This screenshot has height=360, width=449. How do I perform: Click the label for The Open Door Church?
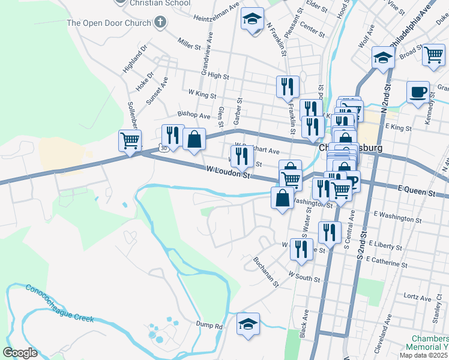[109, 23]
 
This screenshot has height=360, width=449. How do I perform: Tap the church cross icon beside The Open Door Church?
[159, 23]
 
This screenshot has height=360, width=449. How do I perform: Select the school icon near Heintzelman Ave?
[252, 20]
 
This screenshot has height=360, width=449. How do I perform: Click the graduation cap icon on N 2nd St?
[383, 58]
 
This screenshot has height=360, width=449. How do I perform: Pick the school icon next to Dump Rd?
[248, 324]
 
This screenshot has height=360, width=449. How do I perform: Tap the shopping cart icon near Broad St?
[433, 55]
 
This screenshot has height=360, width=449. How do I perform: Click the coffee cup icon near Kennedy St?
[418, 92]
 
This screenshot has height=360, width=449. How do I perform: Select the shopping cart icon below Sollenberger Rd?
[130, 141]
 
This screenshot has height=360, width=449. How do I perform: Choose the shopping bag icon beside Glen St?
[194, 140]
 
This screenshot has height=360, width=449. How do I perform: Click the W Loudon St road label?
[228, 173]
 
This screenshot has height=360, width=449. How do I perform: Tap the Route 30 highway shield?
[163, 148]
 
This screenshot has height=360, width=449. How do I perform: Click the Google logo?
[20, 353]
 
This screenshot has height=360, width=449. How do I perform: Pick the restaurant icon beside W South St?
[301, 249]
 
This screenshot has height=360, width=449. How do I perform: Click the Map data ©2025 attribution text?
[423, 355]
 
